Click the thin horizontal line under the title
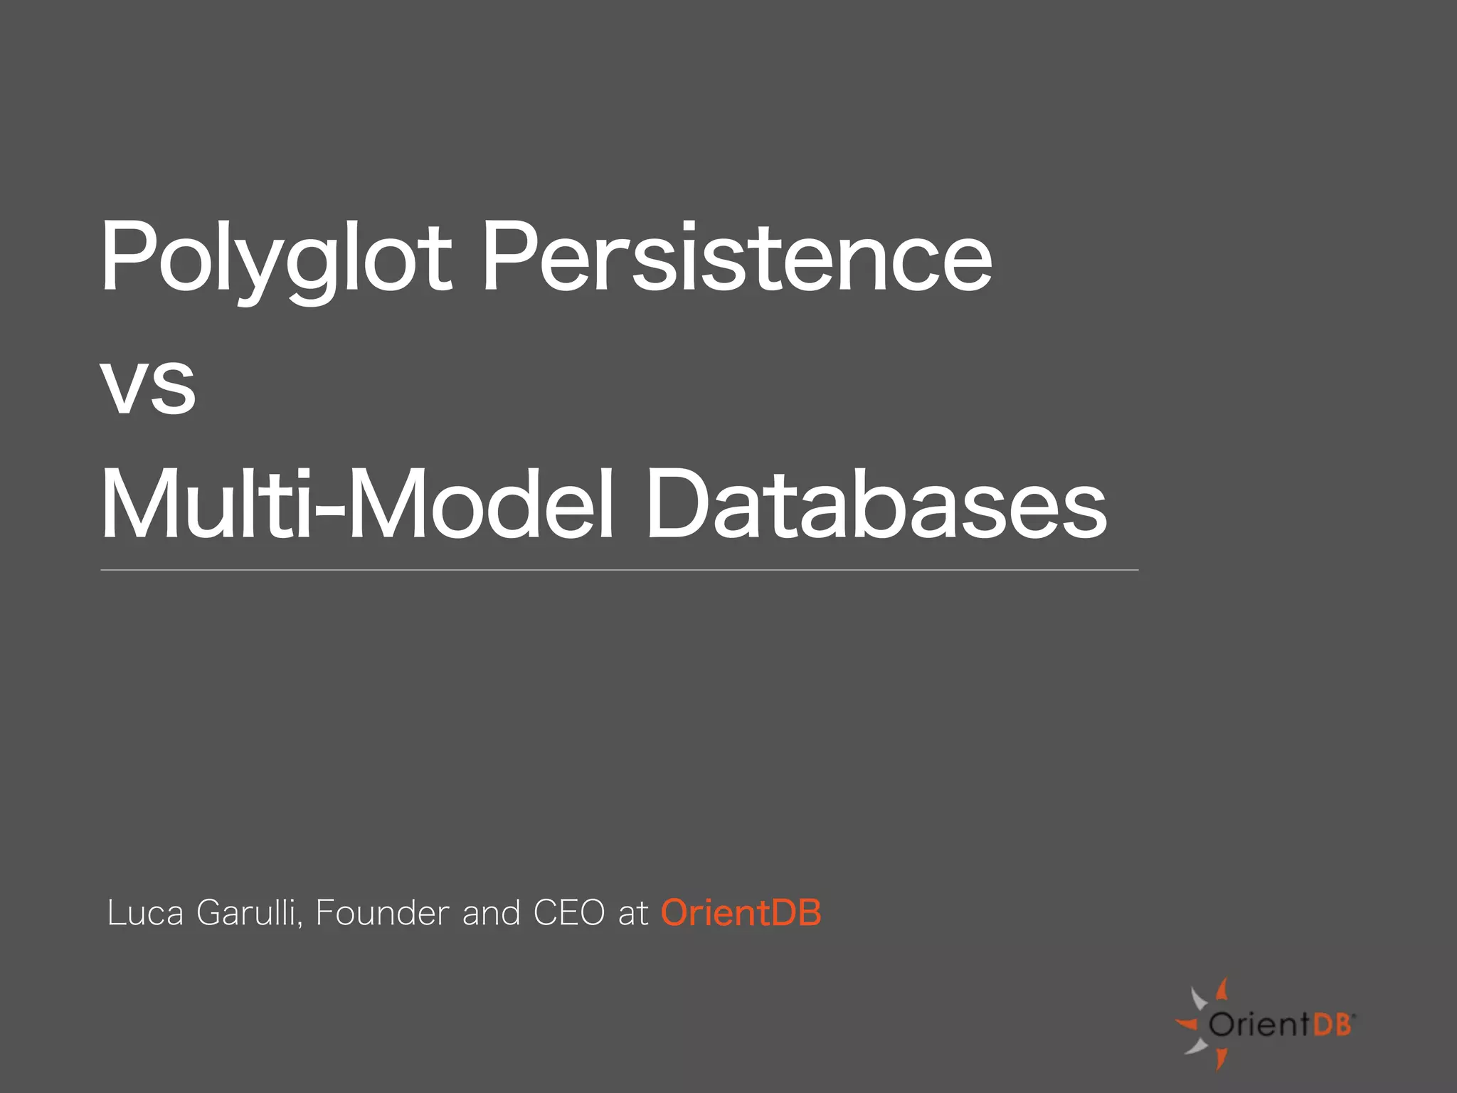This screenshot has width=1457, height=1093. tap(619, 570)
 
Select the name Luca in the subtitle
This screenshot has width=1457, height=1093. tap(145, 913)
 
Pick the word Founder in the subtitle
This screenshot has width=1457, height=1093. tap(383, 913)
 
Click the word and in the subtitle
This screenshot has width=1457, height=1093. tap(491, 913)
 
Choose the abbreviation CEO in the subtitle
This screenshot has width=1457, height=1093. tap(568, 913)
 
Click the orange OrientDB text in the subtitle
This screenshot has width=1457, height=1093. tap(741, 913)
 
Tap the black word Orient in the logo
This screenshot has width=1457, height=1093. tap(1258, 1025)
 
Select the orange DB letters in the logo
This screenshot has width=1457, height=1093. tap(1331, 1025)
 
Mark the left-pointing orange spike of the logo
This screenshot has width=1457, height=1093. tap(1187, 1025)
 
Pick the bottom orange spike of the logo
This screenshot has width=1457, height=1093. tap(1221, 1059)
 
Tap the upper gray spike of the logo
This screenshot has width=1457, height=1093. tap(1199, 998)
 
